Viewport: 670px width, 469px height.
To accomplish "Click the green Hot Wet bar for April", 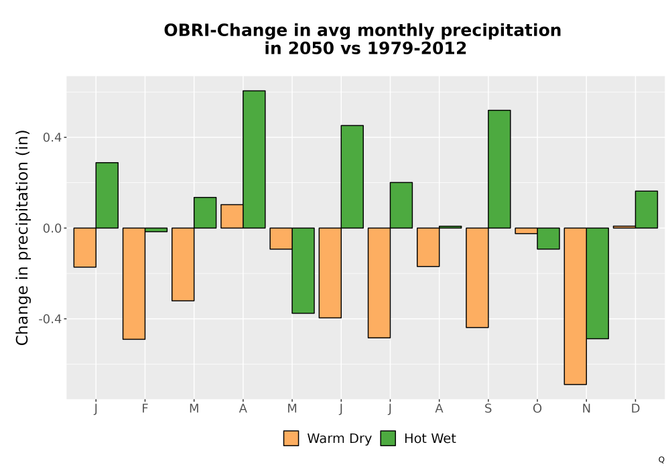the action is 254,159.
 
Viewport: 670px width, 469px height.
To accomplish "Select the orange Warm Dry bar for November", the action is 575,306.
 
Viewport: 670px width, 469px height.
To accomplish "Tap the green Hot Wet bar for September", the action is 499,169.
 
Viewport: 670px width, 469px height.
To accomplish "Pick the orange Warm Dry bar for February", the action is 134,283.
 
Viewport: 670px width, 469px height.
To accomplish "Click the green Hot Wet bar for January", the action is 107,195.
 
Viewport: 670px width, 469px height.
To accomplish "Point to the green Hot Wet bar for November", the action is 598,283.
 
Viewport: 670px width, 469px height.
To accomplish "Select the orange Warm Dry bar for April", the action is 232,216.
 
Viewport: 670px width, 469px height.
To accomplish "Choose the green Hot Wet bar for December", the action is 647,209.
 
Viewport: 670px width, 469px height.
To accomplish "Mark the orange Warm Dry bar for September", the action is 477,277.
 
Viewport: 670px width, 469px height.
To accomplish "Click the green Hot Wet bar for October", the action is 548,239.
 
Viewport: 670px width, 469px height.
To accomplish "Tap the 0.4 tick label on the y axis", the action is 52,137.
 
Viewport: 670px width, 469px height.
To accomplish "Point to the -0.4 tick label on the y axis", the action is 50,319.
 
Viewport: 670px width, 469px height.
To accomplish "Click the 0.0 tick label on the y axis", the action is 52,228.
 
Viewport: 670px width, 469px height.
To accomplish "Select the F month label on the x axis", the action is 145,409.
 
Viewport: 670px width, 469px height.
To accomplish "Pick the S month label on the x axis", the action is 488,409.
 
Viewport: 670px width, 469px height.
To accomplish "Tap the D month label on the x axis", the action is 635,409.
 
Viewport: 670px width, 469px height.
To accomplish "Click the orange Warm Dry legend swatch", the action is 291,438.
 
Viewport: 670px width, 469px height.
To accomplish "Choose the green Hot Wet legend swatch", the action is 388,438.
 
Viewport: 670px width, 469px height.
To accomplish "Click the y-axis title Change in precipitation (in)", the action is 22,237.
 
